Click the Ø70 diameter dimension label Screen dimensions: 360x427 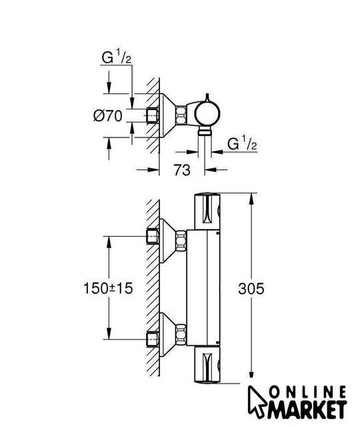pos(108,115)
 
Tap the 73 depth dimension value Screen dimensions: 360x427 pos(182,170)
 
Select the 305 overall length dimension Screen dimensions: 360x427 pos(251,289)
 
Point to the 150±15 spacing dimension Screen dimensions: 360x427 pos(108,288)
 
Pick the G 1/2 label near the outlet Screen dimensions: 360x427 pos(242,143)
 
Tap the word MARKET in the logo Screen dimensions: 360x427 pos(307,411)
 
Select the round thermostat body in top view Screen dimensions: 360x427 pos(207,114)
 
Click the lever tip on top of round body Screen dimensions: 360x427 pos(207,95)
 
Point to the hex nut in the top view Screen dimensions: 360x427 pos(181,115)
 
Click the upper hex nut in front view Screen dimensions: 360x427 pos(181,240)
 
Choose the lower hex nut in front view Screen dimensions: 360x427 pos(181,334)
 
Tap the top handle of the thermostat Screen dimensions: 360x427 pos(207,211)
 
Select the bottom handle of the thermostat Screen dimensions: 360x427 pos(207,364)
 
